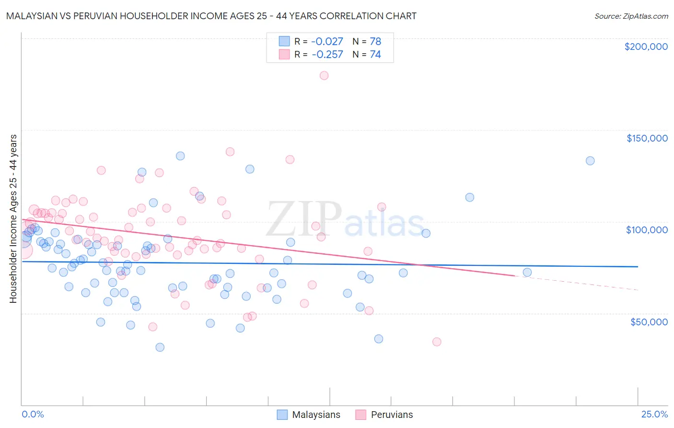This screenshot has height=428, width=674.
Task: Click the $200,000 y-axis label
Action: point(646,47)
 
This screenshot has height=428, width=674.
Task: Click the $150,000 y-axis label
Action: point(647,138)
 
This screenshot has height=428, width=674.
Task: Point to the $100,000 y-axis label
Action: point(647,230)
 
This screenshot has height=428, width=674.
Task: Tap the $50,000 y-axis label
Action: point(649,321)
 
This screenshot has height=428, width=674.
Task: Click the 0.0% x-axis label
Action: point(33,414)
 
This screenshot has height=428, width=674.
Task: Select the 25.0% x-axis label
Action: point(654,414)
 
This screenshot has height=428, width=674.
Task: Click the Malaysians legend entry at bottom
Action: point(316,415)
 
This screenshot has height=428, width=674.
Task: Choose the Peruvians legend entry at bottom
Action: point(391,415)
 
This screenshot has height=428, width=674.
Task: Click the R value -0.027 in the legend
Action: point(327,41)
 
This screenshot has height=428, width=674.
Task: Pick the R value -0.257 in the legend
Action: point(327,55)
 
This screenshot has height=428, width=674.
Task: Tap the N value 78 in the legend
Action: point(375,41)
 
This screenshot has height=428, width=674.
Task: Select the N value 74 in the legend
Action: point(375,55)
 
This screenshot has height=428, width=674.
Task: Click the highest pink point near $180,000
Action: point(324,75)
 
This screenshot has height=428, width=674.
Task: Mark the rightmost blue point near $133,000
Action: point(590,161)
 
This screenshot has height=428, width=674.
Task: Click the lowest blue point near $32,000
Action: point(160,347)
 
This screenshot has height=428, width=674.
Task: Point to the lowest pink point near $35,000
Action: point(437,342)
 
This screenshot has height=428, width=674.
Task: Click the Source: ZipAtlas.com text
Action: point(631,16)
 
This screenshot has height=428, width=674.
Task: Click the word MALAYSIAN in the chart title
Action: point(32,16)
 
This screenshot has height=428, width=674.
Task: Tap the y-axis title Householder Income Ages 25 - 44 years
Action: point(13,219)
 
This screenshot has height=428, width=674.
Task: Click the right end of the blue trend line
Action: point(638,266)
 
